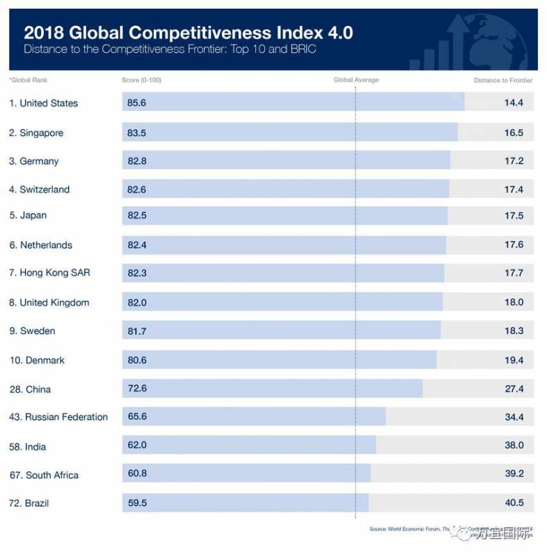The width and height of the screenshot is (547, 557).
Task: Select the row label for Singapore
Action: (36, 132)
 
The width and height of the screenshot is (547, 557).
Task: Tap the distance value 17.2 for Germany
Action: (514, 161)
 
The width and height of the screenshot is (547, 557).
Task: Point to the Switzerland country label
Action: (40, 189)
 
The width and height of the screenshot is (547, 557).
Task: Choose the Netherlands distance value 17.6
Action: (514, 245)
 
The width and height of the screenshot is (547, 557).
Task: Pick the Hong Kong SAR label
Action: (49, 273)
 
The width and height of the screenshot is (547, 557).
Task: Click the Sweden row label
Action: (32, 331)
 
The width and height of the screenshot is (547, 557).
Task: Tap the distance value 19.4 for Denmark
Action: (514, 360)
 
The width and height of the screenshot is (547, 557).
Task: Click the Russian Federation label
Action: (58, 417)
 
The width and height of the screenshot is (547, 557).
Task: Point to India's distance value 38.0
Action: (514, 446)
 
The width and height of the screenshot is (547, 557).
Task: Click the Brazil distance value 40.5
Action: (514, 503)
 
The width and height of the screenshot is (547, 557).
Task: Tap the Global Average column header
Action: (356, 80)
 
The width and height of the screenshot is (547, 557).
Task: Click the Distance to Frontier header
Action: (503, 80)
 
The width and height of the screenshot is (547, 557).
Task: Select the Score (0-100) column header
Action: (141, 80)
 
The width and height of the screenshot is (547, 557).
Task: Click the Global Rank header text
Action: (29, 80)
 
